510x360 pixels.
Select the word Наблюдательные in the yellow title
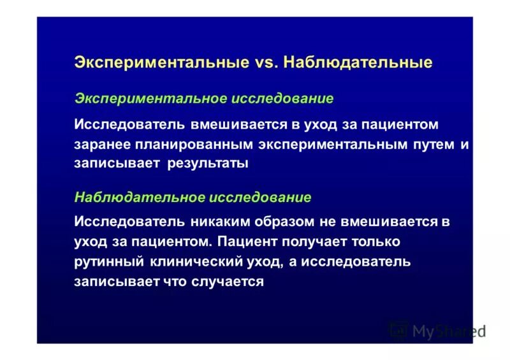358,62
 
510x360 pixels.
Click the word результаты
208,164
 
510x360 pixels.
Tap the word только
377,242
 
